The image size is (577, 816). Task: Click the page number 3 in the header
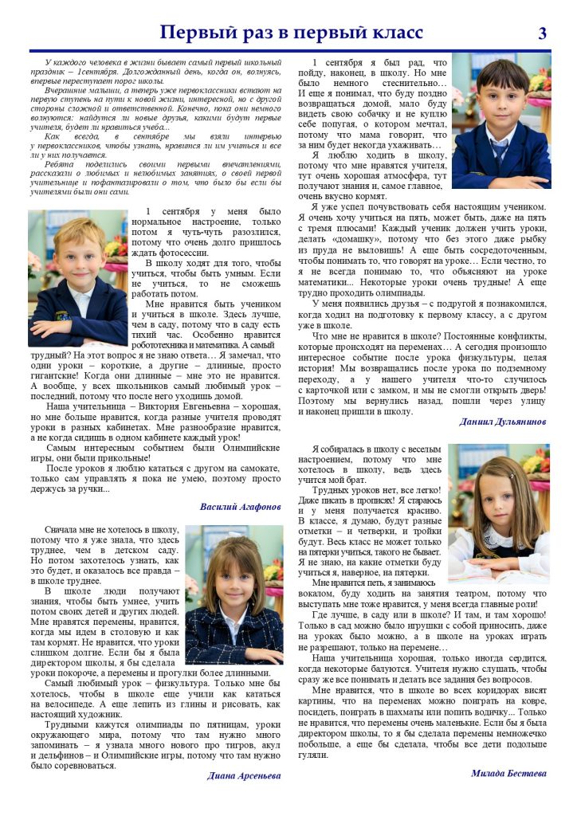543,33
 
